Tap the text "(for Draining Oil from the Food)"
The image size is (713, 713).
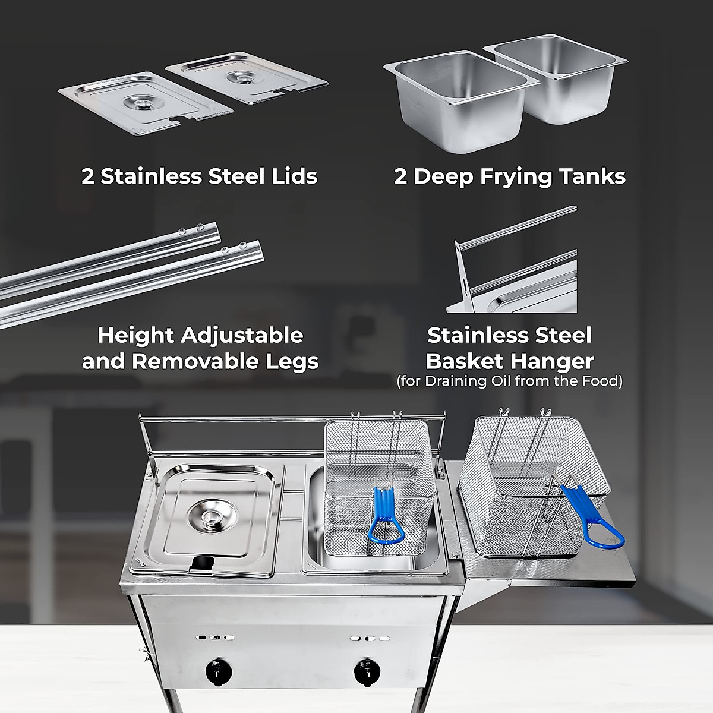(509, 380)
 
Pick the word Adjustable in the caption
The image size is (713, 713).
(241, 335)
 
